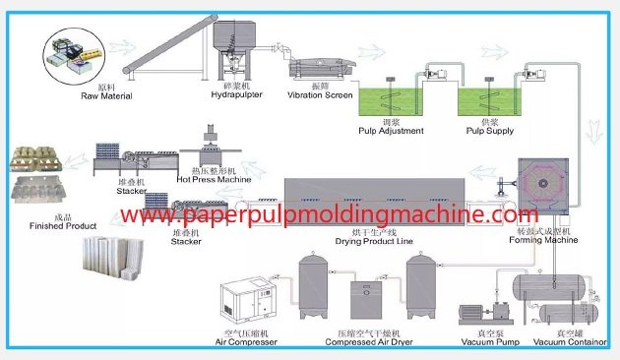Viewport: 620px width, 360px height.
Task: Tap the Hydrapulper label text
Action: coord(235,96)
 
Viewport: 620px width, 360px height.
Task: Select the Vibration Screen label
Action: coord(320,96)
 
